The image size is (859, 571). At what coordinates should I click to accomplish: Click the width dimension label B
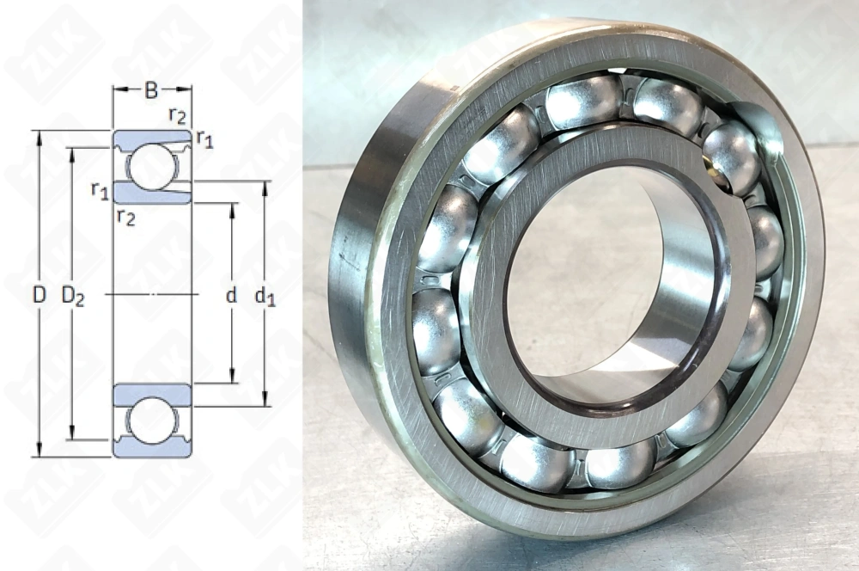(151, 88)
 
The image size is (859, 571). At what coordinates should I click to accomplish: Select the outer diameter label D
(39, 295)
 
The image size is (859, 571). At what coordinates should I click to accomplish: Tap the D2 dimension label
(74, 295)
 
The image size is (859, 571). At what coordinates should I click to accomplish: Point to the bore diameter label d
(230, 295)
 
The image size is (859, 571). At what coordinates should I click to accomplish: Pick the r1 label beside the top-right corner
(204, 138)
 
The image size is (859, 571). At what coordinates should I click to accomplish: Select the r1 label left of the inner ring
(100, 189)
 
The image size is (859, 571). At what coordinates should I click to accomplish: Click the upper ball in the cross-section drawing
(152, 166)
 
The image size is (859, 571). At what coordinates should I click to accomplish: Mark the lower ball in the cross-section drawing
(152, 421)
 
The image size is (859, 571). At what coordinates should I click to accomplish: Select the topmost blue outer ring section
(152, 138)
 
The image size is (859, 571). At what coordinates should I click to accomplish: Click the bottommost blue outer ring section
(152, 450)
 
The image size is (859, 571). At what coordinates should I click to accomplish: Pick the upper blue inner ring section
(152, 193)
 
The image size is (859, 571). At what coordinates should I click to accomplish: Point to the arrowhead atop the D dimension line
(39, 135)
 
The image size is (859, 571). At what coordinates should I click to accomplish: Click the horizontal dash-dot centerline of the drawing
(152, 295)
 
